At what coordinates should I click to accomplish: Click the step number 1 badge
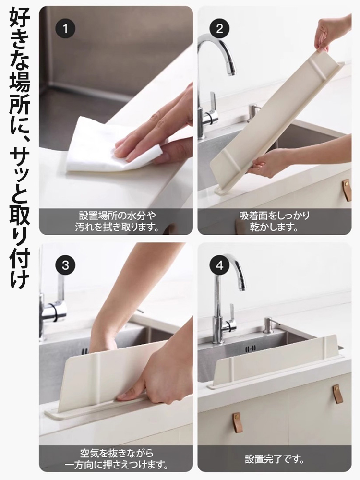tap(65, 29)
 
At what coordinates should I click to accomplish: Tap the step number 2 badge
tap(219, 29)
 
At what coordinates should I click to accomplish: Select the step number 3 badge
tap(65, 265)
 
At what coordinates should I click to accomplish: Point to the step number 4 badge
tap(219, 265)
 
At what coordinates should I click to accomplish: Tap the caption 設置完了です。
tap(275, 459)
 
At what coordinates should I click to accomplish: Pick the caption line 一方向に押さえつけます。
tap(117, 465)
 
